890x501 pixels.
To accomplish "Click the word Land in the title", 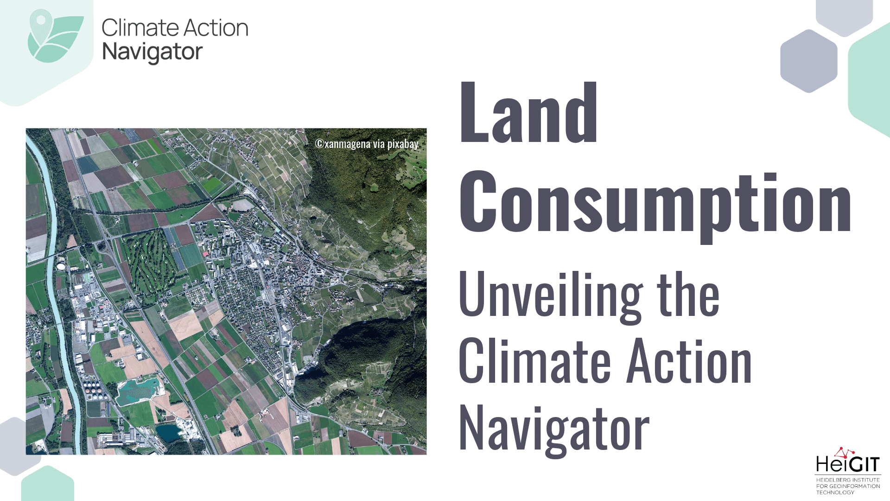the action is (528, 112).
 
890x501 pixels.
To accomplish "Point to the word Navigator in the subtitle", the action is (554, 429).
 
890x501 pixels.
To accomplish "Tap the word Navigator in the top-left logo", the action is (153, 52).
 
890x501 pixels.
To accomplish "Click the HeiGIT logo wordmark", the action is (847, 463).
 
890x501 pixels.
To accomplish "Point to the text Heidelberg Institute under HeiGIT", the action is (848, 480).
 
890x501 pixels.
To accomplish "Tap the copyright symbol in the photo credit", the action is (319, 144).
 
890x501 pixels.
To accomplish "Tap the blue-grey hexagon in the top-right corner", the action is (809, 61).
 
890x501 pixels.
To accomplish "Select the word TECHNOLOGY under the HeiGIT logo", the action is (835, 492).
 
